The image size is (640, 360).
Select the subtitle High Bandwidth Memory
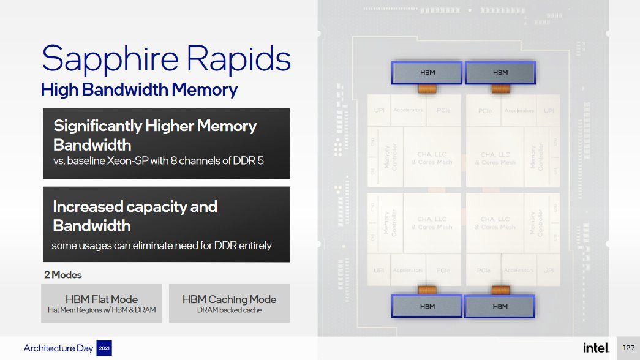(139, 90)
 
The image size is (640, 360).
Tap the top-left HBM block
(427, 73)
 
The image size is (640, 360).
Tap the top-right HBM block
(500, 73)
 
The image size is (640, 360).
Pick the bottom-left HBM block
(427, 306)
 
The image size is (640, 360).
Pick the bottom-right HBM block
(500, 306)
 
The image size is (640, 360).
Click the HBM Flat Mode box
(102, 303)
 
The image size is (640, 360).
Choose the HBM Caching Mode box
(229, 303)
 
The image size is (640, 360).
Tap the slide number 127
(628, 348)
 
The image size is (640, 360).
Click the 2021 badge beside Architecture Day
(104, 348)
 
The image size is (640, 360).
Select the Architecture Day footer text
(59, 348)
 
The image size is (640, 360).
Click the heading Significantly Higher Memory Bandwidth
(155, 135)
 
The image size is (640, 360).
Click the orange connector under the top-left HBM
(427, 89)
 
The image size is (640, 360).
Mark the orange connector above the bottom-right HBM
(500, 290)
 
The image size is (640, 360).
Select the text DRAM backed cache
(229, 310)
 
